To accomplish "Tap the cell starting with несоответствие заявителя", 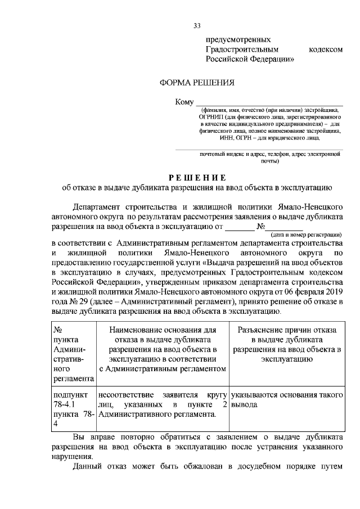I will point(161,404).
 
